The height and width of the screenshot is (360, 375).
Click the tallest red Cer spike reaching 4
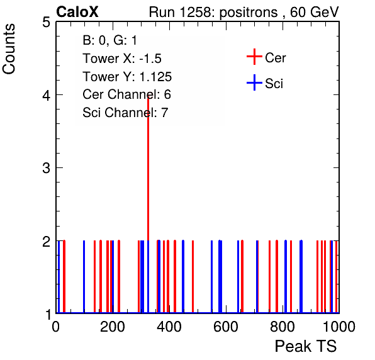[148, 167]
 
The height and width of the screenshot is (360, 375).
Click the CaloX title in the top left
[77, 12]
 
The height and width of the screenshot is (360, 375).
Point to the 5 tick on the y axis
[46, 22]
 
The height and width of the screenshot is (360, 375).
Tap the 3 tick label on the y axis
[46, 168]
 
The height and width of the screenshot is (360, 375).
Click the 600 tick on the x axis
[225, 327]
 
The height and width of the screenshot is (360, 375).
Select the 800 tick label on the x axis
[283, 327]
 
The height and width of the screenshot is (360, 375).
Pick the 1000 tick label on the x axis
[339, 327]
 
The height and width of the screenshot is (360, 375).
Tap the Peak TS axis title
[306, 346]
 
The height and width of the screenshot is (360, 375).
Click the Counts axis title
[9, 49]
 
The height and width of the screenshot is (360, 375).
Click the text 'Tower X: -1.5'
[122, 59]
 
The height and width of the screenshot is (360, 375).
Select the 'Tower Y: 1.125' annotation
[127, 77]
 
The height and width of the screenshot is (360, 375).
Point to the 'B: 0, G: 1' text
[109, 40]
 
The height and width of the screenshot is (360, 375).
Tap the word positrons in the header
[249, 13]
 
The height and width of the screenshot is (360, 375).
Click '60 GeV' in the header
[315, 12]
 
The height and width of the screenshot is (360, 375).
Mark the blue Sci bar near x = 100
[84, 276]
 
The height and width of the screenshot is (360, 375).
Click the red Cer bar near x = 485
[193, 276]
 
